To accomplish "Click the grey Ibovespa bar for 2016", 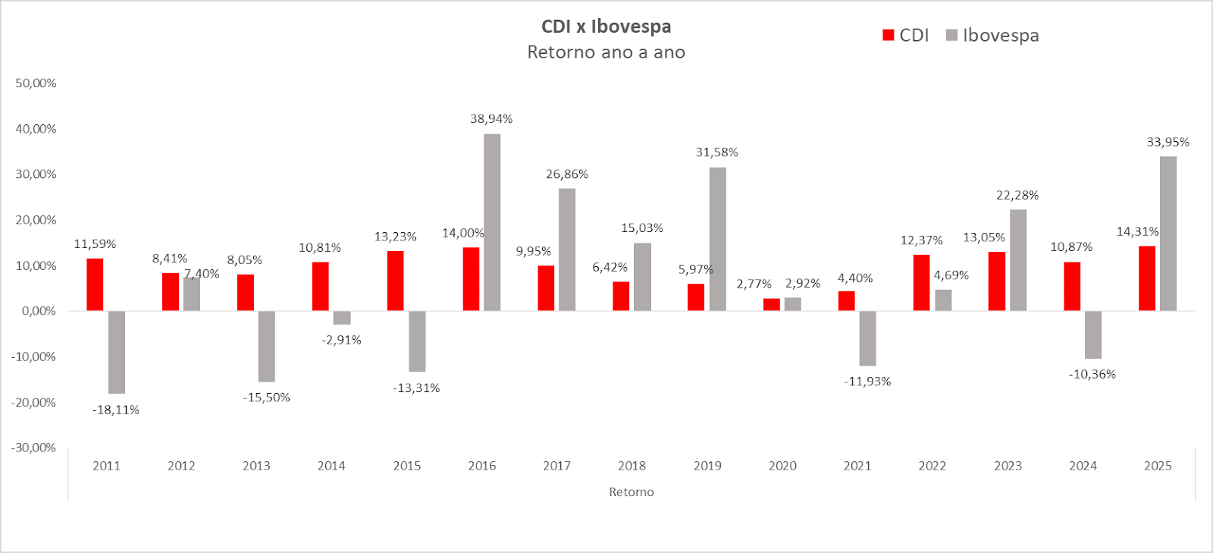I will point(492,222).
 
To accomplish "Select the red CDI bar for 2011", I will point(95,284).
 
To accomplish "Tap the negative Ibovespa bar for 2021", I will point(867,338).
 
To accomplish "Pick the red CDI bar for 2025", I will point(1147,278).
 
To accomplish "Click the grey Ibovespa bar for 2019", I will point(717,239).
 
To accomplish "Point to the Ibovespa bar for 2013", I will point(266,346).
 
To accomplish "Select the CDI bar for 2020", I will point(771,304).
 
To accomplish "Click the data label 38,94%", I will point(491,119).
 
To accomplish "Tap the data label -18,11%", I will point(116,410).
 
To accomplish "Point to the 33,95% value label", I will point(1168,143).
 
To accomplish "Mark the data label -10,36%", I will point(1092,375).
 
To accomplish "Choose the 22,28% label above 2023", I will point(1017,196).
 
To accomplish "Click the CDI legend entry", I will point(906,36).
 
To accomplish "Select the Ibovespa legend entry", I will point(993,36).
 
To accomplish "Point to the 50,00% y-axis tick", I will point(36,83).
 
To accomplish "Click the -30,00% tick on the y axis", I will point(33,448).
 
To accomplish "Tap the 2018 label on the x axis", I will point(632,466).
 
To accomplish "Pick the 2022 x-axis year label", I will point(932,466).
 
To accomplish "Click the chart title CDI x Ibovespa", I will point(606,27).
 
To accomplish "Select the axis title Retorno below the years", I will point(631,492).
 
